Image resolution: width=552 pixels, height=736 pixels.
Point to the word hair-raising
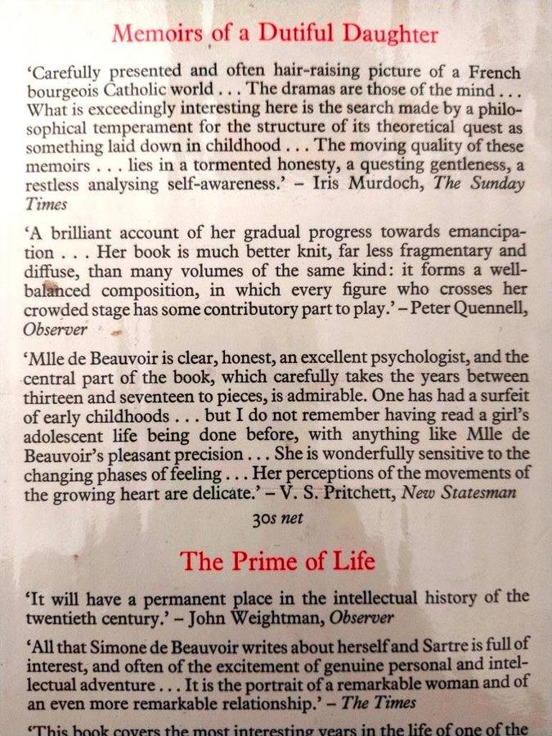[283, 72]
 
